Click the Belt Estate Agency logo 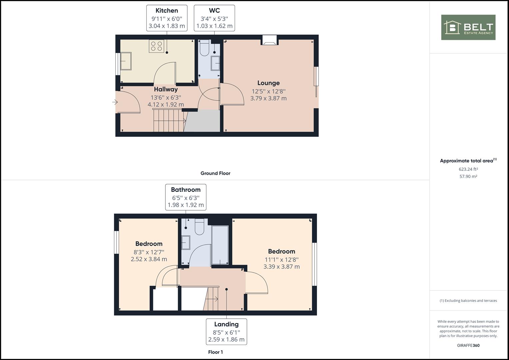coord(468,27)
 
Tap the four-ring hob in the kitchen coord(156,46)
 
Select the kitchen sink coord(126,61)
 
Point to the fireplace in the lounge coord(269,40)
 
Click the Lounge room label coord(268,83)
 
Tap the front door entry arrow coord(115,102)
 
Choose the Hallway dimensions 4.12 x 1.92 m coord(166,105)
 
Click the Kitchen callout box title coord(167,10)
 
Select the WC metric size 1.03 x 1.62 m coord(214,26)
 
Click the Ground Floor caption coord(215,173)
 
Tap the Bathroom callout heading coord(186,190)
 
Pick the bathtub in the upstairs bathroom coord(220,245)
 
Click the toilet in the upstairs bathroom coord(200,227)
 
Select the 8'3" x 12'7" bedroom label coord(149,252)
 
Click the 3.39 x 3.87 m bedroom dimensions coord(282,267)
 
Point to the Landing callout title coord(226,324)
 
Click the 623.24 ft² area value coord(468,169)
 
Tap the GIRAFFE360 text coord(468,345)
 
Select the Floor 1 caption coord(215,352)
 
